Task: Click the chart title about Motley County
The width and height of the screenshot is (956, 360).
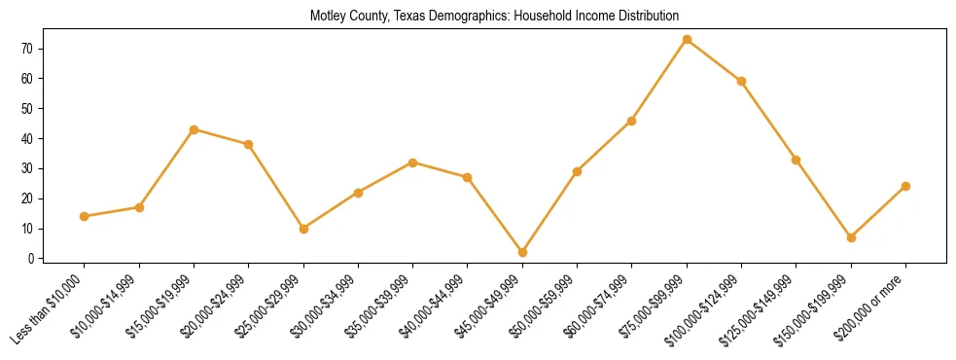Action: pyautogui.click(x=494, y=17)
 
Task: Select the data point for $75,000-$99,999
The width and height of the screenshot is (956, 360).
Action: pyautogui.click(x=687, y=40)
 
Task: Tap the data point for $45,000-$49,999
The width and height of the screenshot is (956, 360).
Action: pyautogui.click(x=522, y=252)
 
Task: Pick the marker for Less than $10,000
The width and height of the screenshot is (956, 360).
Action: pyautogui.click(x=85, y=216)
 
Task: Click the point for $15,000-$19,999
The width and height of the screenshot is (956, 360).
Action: pyautogui.click(x=194, y=129)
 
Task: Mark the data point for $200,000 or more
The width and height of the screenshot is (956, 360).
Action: pyautogui.click(x=905, y=186)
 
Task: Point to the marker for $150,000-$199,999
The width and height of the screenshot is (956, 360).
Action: pyautogui.click(x=851, y=237)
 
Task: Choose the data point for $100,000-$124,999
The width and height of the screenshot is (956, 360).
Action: pyautogui.click(x=741, y=82)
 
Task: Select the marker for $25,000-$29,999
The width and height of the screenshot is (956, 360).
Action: pyautogui.click(x=303, y=229)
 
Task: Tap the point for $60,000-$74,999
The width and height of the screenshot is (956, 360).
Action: pyautogui.click(x=632, y=121)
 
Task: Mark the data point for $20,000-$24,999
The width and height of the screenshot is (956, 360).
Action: pyautogui.click(x=248, y=144)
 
